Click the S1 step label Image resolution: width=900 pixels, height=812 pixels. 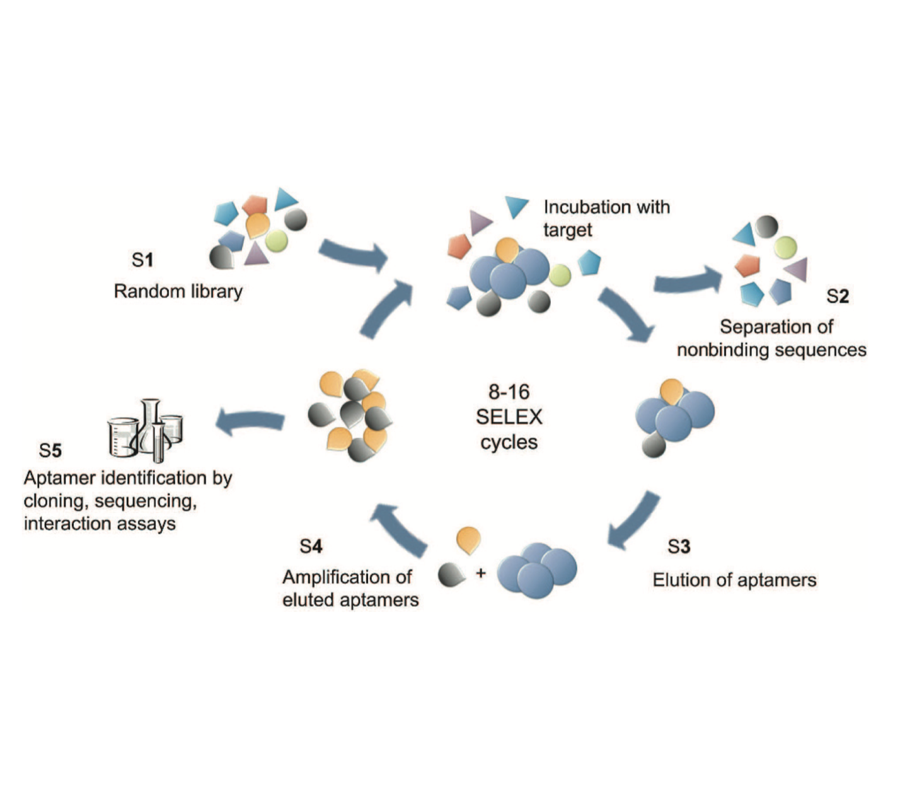(x=142, y=260)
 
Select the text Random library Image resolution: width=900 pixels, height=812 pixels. (x=178, y=291)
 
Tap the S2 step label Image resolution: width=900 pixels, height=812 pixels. (x=838, y=296)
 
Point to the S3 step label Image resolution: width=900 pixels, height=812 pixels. (x=679, y=546)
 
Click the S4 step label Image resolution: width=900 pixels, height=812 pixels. (x=311, y=546)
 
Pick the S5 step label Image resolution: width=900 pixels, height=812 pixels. (x=50, y=450)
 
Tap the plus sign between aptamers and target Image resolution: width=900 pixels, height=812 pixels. (x=481, y=573)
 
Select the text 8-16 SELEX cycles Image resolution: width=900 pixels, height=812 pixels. (x=509, y=417)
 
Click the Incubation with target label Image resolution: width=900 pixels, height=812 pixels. (x=606, y=218)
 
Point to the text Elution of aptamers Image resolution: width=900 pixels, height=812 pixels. (x=734, y=580)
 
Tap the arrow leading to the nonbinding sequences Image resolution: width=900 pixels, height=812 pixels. (x=687, y=280)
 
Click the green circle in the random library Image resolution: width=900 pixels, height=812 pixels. (x=276, y=240)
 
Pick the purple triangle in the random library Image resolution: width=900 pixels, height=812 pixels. (x=256, y=254)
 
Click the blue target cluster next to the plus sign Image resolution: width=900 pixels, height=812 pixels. (x=537, y=569)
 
